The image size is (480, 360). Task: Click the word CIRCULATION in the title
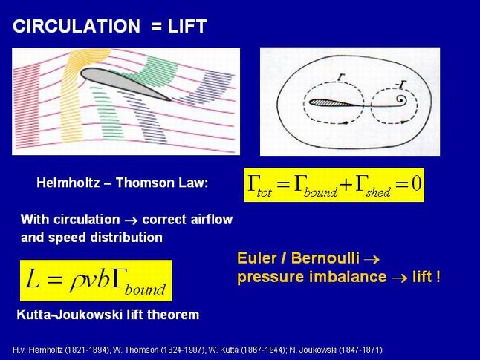coord(77,26)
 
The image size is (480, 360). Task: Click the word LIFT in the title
coord(187,26)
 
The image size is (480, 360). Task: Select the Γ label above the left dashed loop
coord(341,76)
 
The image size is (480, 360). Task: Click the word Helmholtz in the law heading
coord(68,183)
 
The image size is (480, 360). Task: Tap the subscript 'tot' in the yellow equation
coord(264,193)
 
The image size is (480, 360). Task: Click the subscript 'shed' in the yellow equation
coord(378,192)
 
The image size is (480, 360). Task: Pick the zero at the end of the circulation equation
coord(416,183)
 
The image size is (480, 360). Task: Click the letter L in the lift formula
coord(33,278)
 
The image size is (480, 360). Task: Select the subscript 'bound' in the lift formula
coord(145,289)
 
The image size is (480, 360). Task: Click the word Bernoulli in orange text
coord(325,258)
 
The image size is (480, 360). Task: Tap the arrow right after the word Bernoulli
coord(372,260)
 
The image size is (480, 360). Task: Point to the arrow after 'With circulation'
coord(131,220)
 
